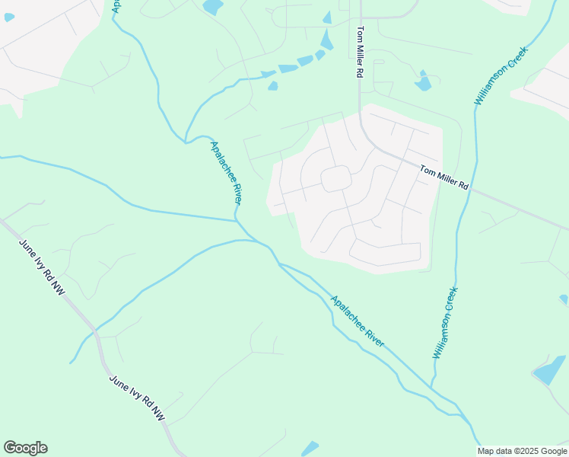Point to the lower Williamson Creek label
tap(446, 322)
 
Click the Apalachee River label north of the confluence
tap(226, 172)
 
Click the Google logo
tap(25, 448)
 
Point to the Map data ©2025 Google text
tap(522, 451)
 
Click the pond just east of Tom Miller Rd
tap(423, 81)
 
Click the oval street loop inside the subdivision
tap(335, 179)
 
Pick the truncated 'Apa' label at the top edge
tap(116, 5)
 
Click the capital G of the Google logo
tap(10, 448)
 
